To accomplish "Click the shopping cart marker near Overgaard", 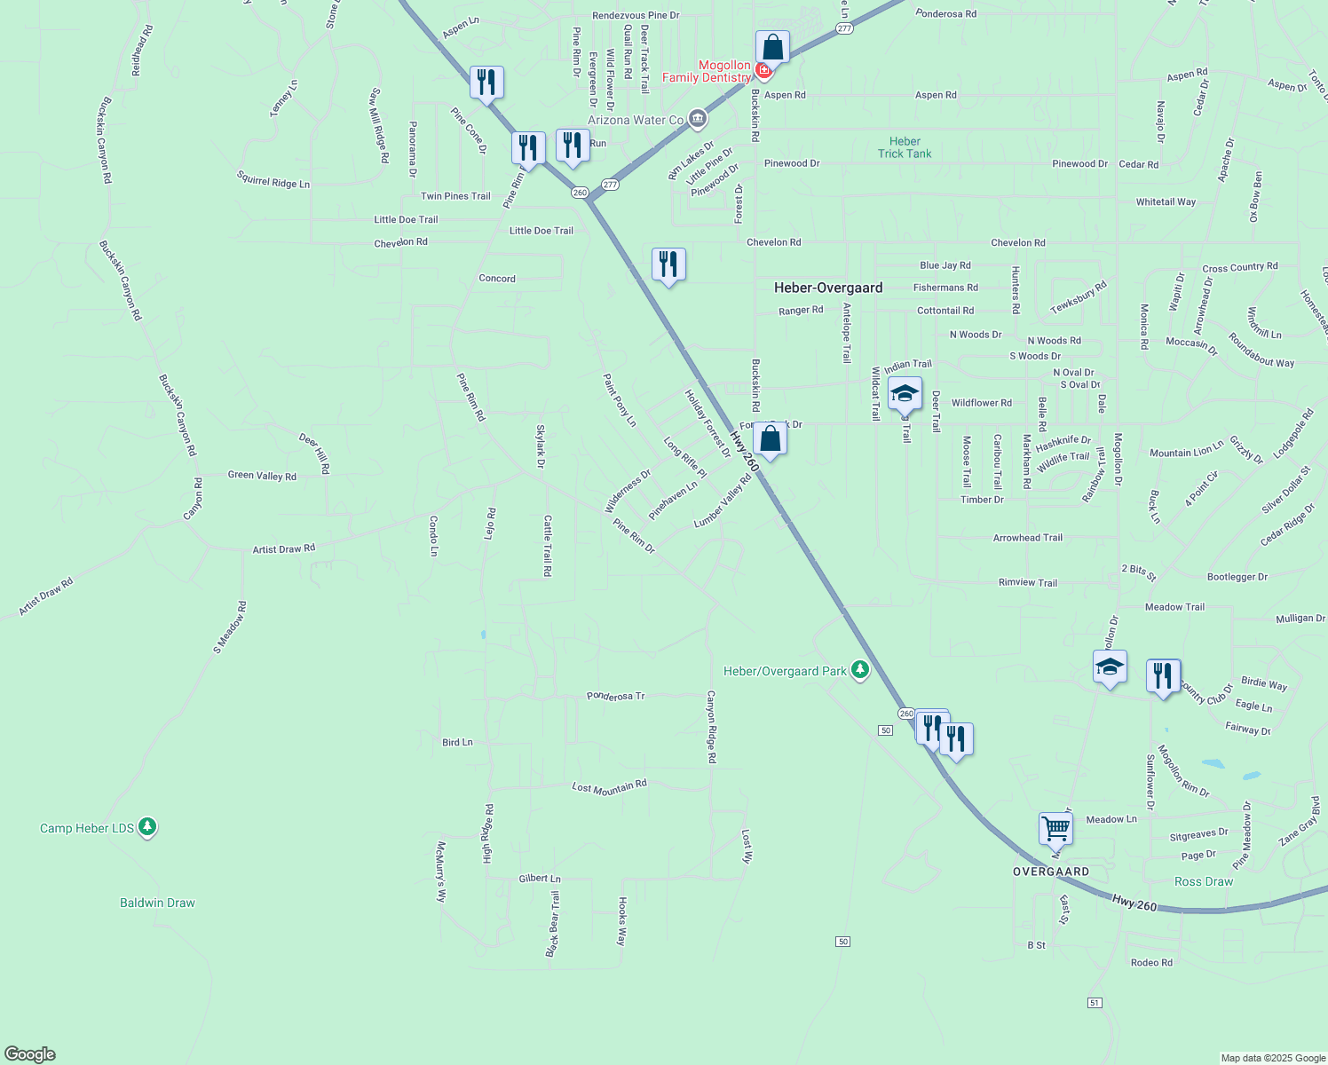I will click(1055, 829).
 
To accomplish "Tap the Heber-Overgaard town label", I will click(828, 288).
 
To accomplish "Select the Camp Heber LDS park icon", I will click(147, 827).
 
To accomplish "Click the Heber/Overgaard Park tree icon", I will click(859, 670).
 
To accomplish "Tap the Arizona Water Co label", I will click(636, 120).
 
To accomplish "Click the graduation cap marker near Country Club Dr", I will click(1110, 666).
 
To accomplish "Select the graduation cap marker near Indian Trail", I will click(905, 393).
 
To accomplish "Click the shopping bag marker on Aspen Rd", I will click(772, 47).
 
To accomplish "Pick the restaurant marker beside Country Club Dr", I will click(1163, 675).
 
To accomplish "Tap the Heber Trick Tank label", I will click(905, 147).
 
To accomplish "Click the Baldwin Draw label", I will click(157, 903).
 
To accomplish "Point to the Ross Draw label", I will click(1204, 881).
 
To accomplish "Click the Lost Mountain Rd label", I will click(609, 787).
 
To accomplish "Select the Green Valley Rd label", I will click(262, 476).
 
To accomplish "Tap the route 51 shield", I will click(1094, 1002).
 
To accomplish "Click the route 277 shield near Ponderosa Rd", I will click(844, 28).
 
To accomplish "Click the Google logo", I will click(29, 1054).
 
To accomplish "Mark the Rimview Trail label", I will click(1028, 582).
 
